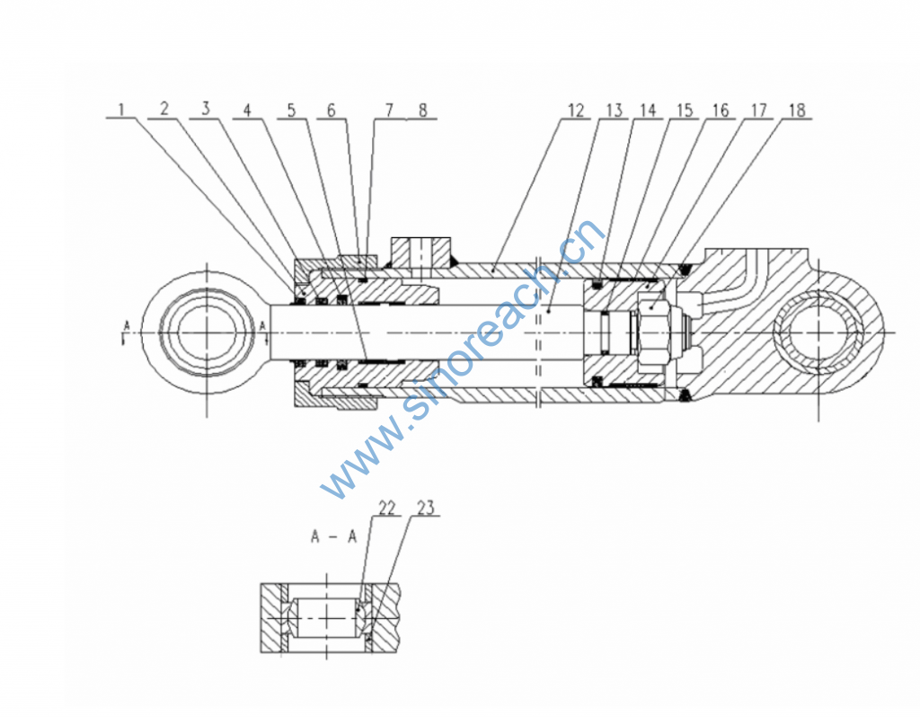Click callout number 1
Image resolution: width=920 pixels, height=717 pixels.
122,110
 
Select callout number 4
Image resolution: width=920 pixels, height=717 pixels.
248,110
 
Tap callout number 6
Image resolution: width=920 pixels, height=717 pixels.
332,110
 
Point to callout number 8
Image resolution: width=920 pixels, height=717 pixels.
421,110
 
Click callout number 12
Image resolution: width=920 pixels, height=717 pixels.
576,110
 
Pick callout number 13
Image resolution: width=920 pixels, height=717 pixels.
614,110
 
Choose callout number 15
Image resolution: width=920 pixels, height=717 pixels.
686,110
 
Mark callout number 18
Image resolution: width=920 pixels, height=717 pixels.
796,110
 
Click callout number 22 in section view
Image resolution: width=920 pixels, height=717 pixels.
387,509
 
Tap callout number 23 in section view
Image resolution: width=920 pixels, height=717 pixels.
425,509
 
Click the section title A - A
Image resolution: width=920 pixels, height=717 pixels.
333,537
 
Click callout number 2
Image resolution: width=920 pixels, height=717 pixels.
164,110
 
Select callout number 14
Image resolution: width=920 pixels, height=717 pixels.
648,110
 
